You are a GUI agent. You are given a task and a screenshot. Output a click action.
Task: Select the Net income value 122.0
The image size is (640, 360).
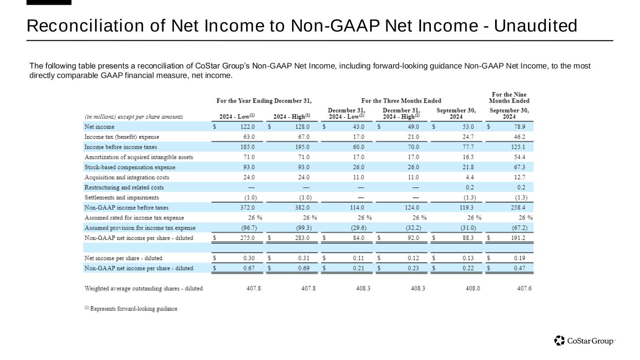point(247,127)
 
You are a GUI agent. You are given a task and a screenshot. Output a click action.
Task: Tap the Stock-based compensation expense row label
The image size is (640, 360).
point(130,167)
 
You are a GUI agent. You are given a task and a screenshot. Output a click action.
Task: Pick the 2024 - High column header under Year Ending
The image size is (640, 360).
point(291,117)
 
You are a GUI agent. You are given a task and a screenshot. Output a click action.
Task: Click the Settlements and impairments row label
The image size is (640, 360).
point(121,198)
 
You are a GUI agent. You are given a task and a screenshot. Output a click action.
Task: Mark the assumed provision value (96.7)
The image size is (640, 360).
point(246,228)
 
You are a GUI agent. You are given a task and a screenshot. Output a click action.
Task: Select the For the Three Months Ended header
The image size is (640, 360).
point(401,101)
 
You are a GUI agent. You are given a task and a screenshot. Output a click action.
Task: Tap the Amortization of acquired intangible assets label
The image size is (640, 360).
point(138,157)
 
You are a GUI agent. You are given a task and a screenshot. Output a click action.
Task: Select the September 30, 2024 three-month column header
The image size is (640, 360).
point(456,113)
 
